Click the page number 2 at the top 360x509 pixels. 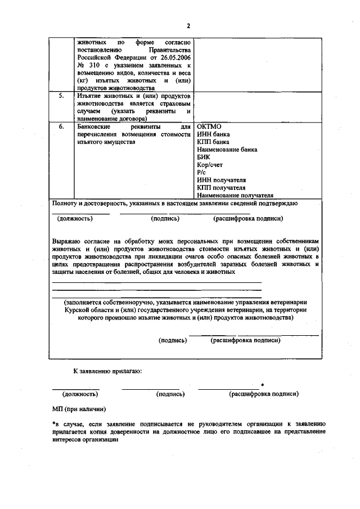click(189, 26)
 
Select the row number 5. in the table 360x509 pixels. click(62, 96)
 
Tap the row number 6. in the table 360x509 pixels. click(62, 127)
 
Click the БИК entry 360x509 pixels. click(204, 157)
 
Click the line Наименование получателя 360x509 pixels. click(231, 195)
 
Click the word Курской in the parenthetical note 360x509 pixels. click(80, 309)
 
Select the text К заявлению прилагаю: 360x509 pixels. click(107, 371)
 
